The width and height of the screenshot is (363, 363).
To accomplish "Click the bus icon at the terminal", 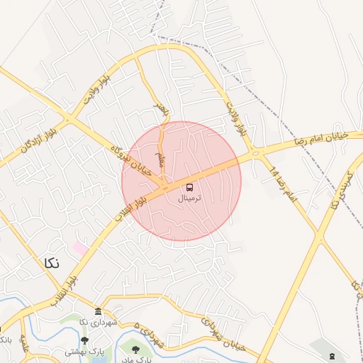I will point(190,188).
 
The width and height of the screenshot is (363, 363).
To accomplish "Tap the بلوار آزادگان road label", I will point(30,143).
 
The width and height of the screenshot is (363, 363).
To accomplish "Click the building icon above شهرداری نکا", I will point(98,312).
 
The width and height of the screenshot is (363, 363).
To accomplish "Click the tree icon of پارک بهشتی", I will point(85,340).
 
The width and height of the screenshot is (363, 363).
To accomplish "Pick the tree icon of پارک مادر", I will point(135,348).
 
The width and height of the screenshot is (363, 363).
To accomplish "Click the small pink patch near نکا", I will point(79,249).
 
